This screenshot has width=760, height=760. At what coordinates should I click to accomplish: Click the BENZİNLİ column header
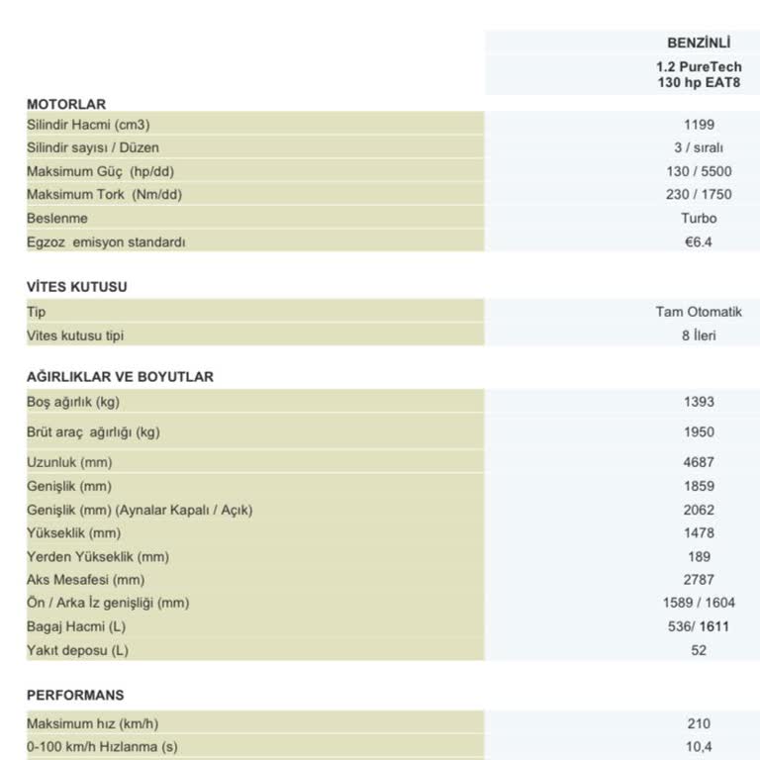(699, 43)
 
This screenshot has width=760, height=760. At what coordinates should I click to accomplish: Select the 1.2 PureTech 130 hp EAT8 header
(699, 75)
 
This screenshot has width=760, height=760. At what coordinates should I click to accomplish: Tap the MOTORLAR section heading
(66, 104)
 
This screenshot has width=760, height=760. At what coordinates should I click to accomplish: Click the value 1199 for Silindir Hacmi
(699, 125)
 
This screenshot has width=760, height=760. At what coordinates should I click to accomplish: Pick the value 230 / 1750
(699, 195)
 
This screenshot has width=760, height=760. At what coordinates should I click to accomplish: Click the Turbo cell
(699, 218)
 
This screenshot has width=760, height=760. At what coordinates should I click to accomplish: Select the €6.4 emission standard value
(699, 241)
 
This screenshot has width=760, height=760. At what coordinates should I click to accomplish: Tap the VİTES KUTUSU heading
(77, 287)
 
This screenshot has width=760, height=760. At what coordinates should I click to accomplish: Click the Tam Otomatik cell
(699, 312)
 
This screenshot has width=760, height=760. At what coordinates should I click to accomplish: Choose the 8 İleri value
(699, 335)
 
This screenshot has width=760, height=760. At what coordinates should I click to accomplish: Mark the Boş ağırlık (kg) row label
(73, 402)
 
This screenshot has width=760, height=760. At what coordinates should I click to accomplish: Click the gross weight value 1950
(699, 432)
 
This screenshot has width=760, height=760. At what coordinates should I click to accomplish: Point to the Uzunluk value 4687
(699, 462)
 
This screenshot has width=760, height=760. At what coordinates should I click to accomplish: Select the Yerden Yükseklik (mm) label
(98, 557)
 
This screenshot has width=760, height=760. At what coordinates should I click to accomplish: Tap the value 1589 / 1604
(699, 603)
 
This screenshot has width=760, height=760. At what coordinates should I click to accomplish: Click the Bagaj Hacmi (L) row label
(76, 626)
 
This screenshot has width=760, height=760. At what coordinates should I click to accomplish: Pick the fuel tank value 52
(699, 650)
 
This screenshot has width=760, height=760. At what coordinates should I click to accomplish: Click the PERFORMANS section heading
(75, 696)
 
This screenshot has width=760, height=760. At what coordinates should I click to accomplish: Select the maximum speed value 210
(699, 723)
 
